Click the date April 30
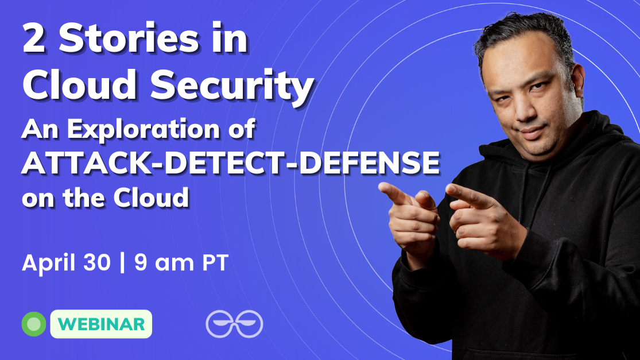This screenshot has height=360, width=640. click(x=66, y=264)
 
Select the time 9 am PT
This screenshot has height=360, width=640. click(x=181, y=264)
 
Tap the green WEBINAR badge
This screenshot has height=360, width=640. click(x=101, y=324)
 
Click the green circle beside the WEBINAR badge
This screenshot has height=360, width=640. click(x=34, y=324)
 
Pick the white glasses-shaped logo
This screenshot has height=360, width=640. click(x=234, y=324)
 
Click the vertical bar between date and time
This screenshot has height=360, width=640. click(x=122, y=264)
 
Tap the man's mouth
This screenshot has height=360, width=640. click(x=530, y=131)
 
